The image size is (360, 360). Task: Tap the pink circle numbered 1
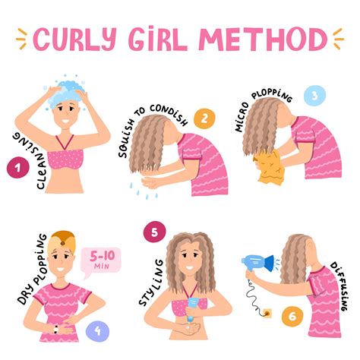pos(17,169)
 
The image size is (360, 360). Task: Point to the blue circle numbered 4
pos(96,309)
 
